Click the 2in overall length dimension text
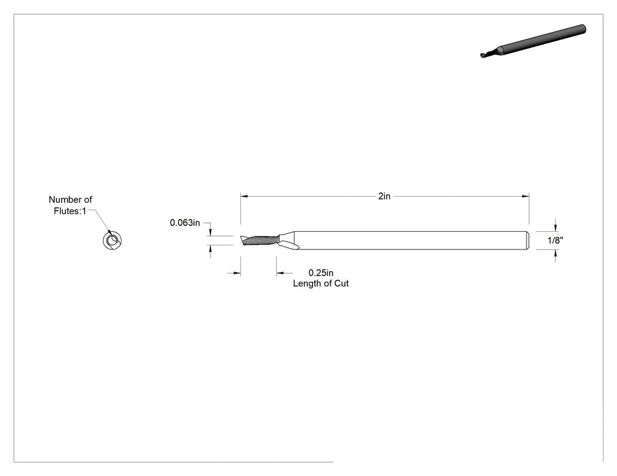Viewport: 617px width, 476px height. point(384,196)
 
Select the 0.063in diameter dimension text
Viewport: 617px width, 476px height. point(185,223)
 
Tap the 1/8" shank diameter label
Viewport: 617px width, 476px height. point(555,240)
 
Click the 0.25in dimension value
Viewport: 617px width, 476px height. point(321,273)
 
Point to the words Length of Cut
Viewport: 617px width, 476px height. point(321,283)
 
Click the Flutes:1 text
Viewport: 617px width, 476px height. point(70,211)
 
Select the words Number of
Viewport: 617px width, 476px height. point(71,200)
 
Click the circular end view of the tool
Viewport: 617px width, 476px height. point(112,241)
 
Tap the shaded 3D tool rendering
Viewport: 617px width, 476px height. point(533,41)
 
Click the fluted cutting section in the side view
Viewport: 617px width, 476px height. point(260,241)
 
